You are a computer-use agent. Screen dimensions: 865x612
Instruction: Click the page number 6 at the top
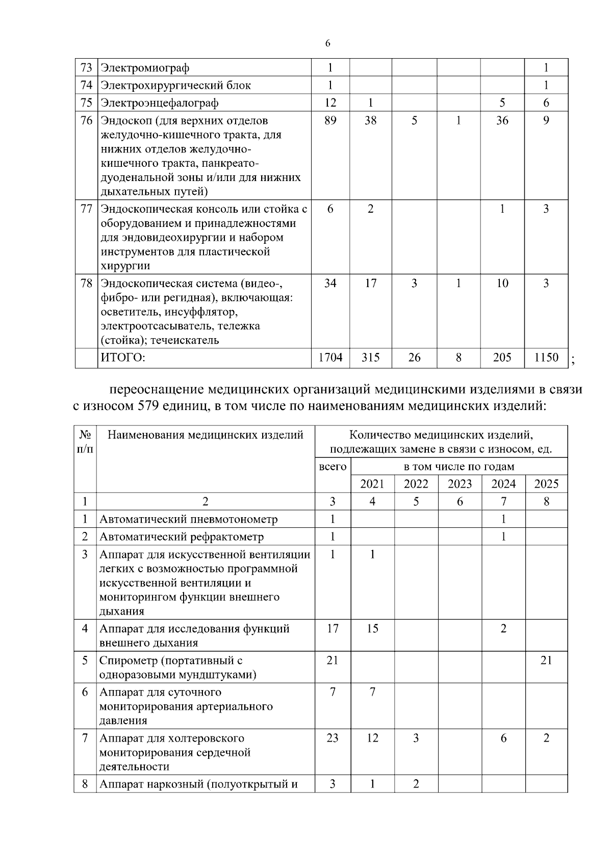coord(327,43)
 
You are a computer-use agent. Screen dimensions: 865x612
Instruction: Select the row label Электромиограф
coord(145,67)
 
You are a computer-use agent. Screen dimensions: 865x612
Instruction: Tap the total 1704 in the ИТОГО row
coord(330,358)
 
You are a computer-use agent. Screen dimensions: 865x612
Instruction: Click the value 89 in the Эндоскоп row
coord(330,121)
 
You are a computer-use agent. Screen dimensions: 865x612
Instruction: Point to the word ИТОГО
coord(123,358)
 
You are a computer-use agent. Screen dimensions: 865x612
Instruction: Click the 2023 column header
coord(460,484)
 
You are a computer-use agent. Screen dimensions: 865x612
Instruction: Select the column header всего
coord(333,466)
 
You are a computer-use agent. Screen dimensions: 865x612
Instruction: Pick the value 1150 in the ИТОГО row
coord(546,358)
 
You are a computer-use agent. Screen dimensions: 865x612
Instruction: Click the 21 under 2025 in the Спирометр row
coord(546,660)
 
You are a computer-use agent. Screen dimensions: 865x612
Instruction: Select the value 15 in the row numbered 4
coord(372,628)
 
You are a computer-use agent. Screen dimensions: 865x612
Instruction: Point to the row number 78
coord(86,284)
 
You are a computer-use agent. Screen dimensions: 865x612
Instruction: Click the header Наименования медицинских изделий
coord(205,435)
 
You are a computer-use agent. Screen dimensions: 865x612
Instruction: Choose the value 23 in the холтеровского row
coord(333,738)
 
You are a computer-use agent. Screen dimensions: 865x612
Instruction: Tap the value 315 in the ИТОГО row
coord(371,358)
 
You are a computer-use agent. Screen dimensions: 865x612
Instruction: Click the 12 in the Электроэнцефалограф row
coord(330,103)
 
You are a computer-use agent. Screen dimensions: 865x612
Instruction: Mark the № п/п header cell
coord(85,442)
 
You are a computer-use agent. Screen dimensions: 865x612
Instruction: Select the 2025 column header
coord(546,484)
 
